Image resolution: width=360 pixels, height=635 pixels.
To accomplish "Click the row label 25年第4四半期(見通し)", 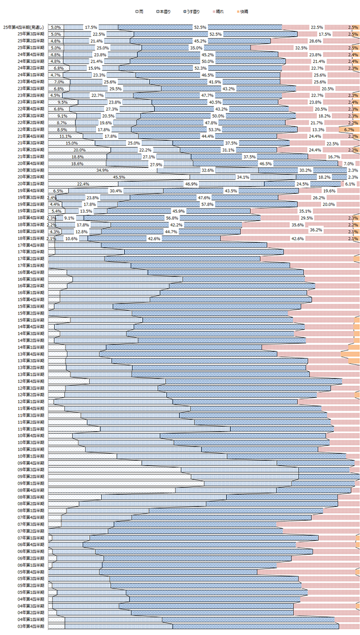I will pyautogui.click(x=24, y=27).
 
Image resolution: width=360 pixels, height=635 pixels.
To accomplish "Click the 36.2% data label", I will pyautogui.click(x=316, y=232).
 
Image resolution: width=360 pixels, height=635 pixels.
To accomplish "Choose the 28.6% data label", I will pyautogui.click(x=315, y=41).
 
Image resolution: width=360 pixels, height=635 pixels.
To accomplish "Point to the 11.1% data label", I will pyautogui.click(x=65, y=136).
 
